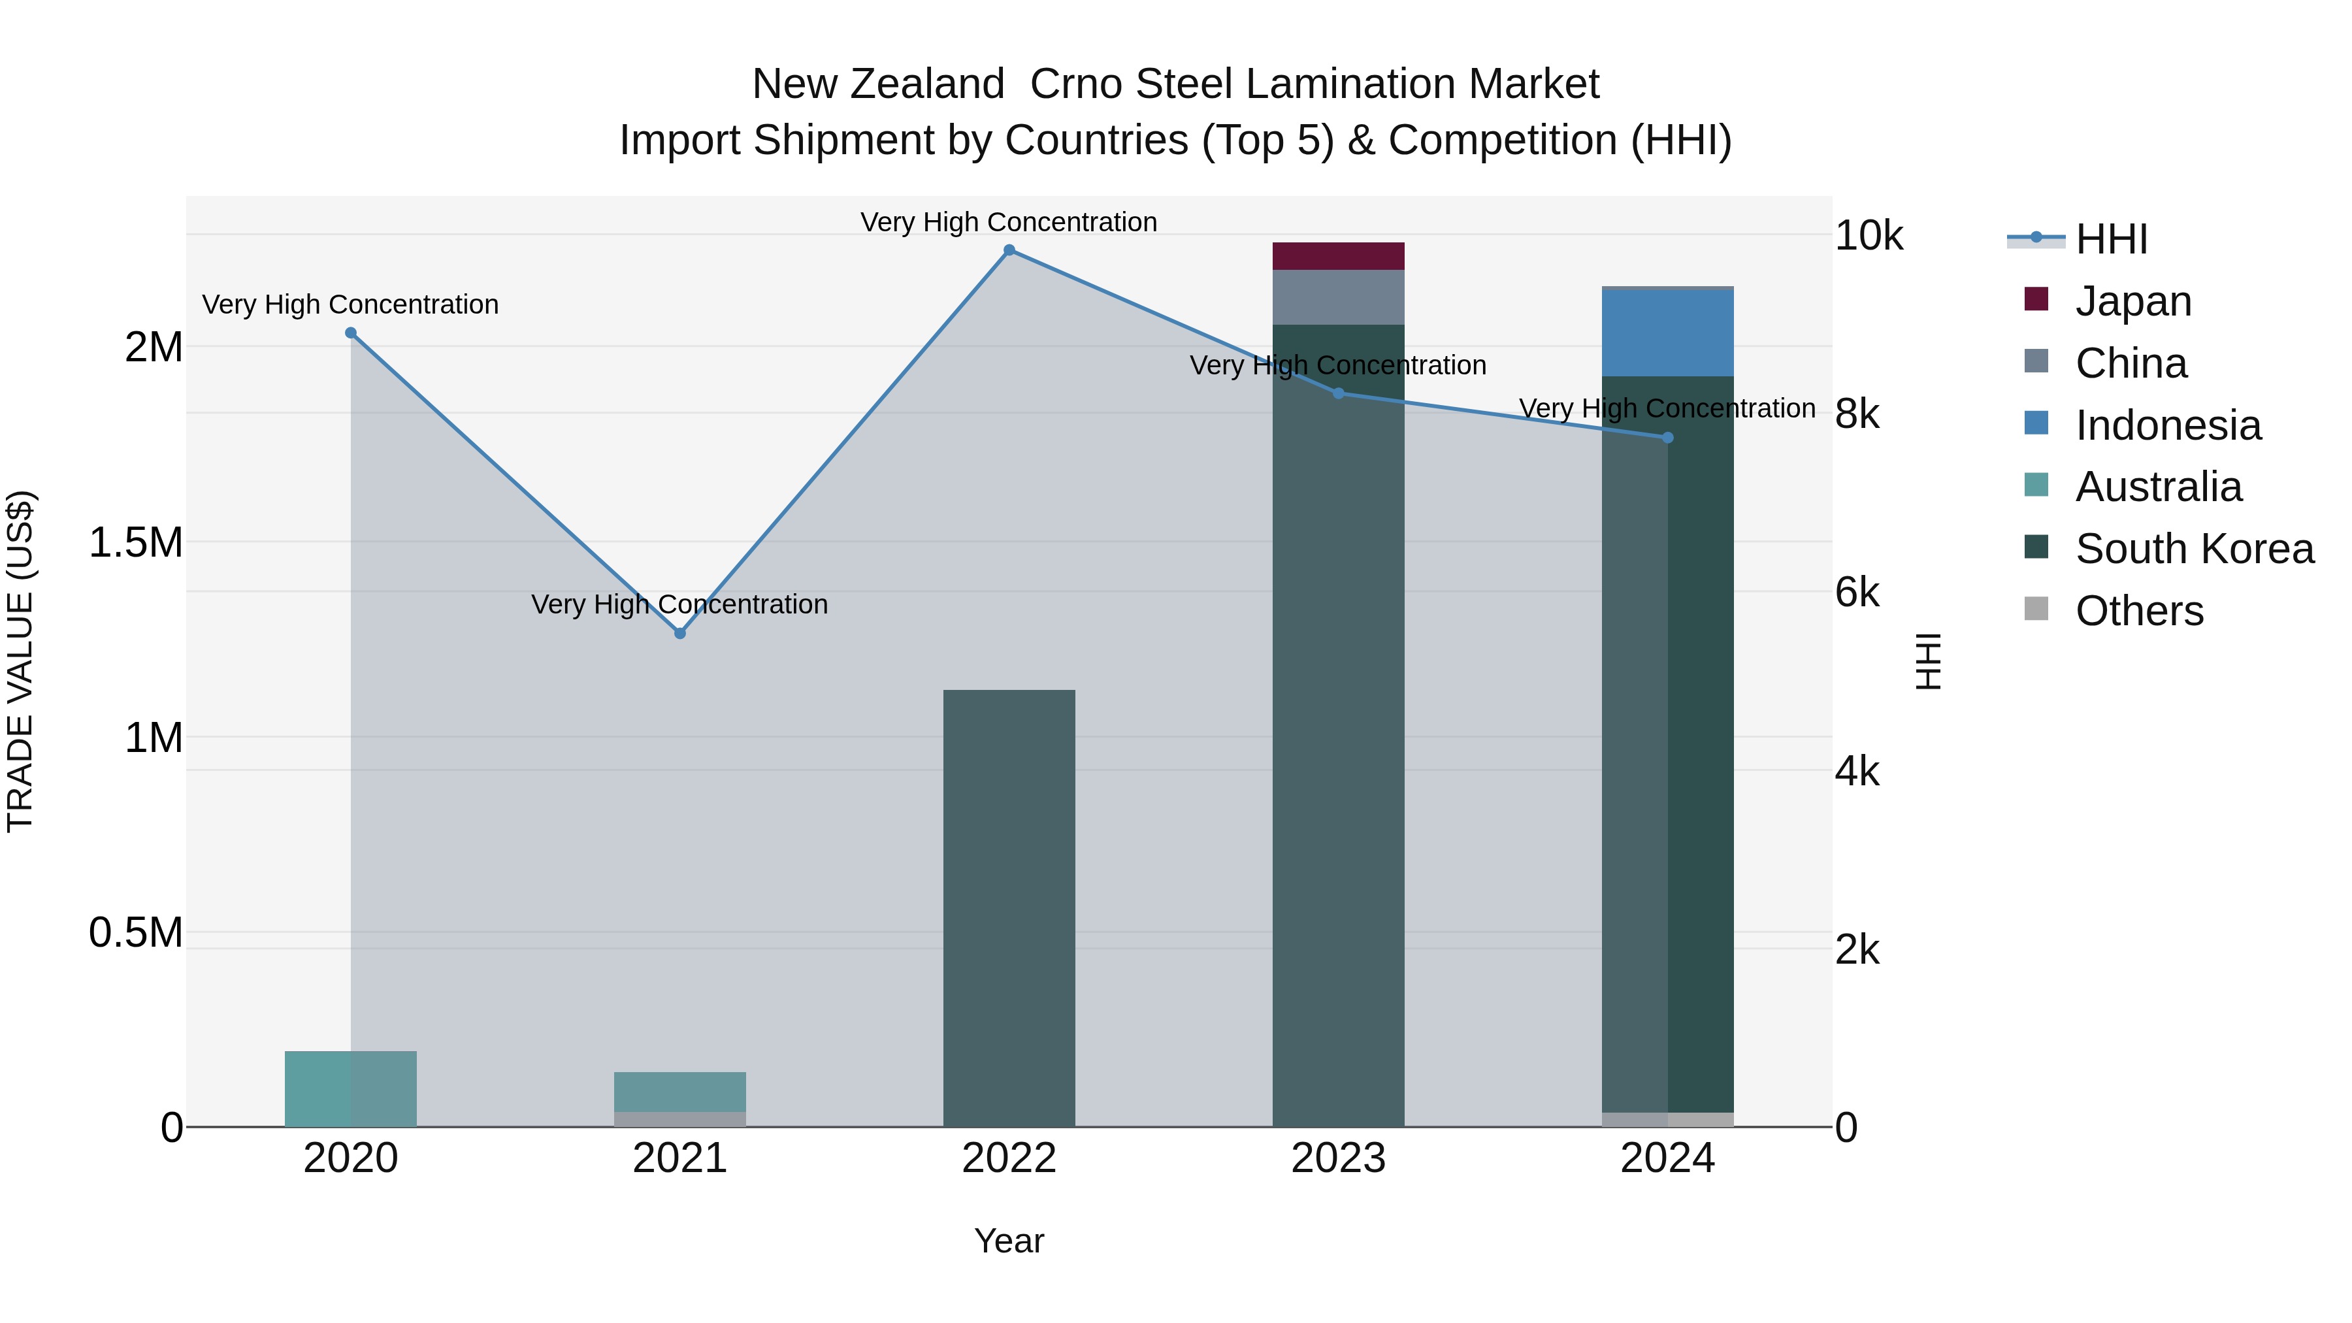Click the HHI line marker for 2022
[x=1009, y=250]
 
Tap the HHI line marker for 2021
[x=679, y=632]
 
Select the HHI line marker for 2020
[x=351, y=333]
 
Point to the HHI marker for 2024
[x=1667, y=438]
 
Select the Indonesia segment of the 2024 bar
[x=1667, y=333]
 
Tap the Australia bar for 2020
[x=351, y=1088]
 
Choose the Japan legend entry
[x=2133, y=301]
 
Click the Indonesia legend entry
[x=2168, y=425]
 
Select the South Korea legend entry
[x=2194, y=549]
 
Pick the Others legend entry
[x=2138, y=611]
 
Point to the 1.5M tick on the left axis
[x=136, y=542]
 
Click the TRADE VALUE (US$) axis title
[x=20, y=661]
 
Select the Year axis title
[x=1009, y=1241]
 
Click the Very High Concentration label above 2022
[x=1008, y=222]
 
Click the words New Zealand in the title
[x=877, y=84]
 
